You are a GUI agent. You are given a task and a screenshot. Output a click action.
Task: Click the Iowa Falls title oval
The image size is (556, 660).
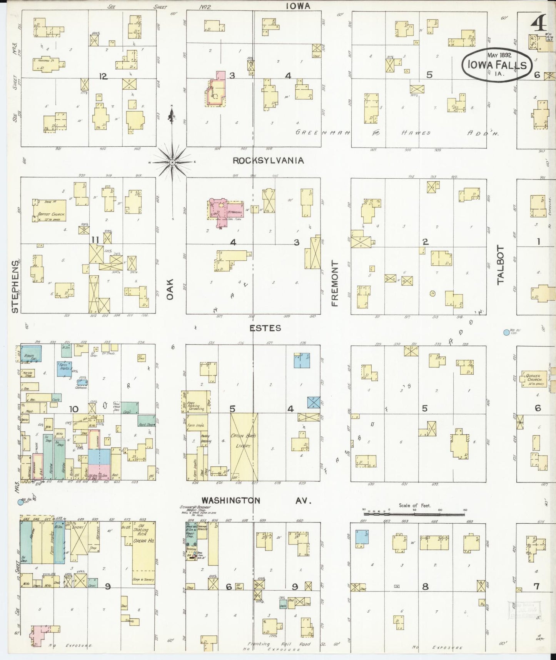tap(496, 64)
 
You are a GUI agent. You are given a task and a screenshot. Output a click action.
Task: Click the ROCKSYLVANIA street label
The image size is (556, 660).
tap(268, 161)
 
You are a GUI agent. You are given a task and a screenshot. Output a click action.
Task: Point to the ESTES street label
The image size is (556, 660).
tap(265, 328)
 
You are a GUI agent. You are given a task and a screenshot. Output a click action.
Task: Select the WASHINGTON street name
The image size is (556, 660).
tap(230, 500)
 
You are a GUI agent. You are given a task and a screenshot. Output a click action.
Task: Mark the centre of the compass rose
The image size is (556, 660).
tap(173, 162)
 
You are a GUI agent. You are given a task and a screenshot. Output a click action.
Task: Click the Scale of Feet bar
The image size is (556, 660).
tap(415, 514)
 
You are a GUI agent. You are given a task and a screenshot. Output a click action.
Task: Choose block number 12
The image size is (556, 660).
tap(103, 76)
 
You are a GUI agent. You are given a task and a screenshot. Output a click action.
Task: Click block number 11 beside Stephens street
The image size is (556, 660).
tap(95, 240)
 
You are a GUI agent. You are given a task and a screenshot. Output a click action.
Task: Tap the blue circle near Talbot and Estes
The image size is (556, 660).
tap(506, 332)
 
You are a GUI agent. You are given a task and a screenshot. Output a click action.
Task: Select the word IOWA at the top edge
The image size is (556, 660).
tap(298, 6)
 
